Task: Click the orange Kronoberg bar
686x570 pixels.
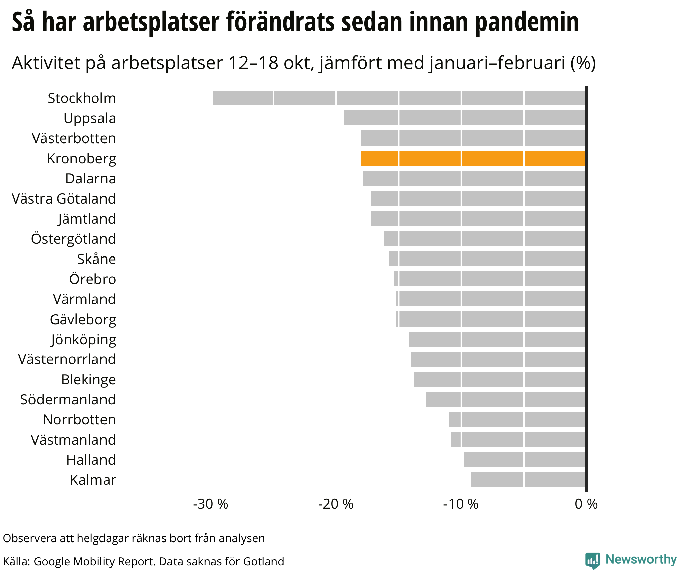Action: [473, 158]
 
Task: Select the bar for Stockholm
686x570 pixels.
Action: [399, 98]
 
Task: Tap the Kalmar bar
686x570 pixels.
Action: [528, 479]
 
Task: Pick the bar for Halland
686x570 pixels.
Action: [525, 459]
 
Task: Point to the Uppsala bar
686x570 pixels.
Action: [464, 118]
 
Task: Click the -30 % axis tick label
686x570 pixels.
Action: [210, 504]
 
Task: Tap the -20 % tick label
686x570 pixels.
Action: [336, 504]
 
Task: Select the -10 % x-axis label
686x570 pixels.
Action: [461, 504]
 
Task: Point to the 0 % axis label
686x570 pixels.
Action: [586, 504]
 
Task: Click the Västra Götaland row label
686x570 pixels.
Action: [64, 198]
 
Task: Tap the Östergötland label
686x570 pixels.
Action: [73, 239]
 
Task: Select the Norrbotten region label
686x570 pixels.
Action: [79, 419]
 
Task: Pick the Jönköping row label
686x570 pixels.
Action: [83, 339]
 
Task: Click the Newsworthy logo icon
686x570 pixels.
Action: [592, 560]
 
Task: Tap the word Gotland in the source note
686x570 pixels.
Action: [263, 561]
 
